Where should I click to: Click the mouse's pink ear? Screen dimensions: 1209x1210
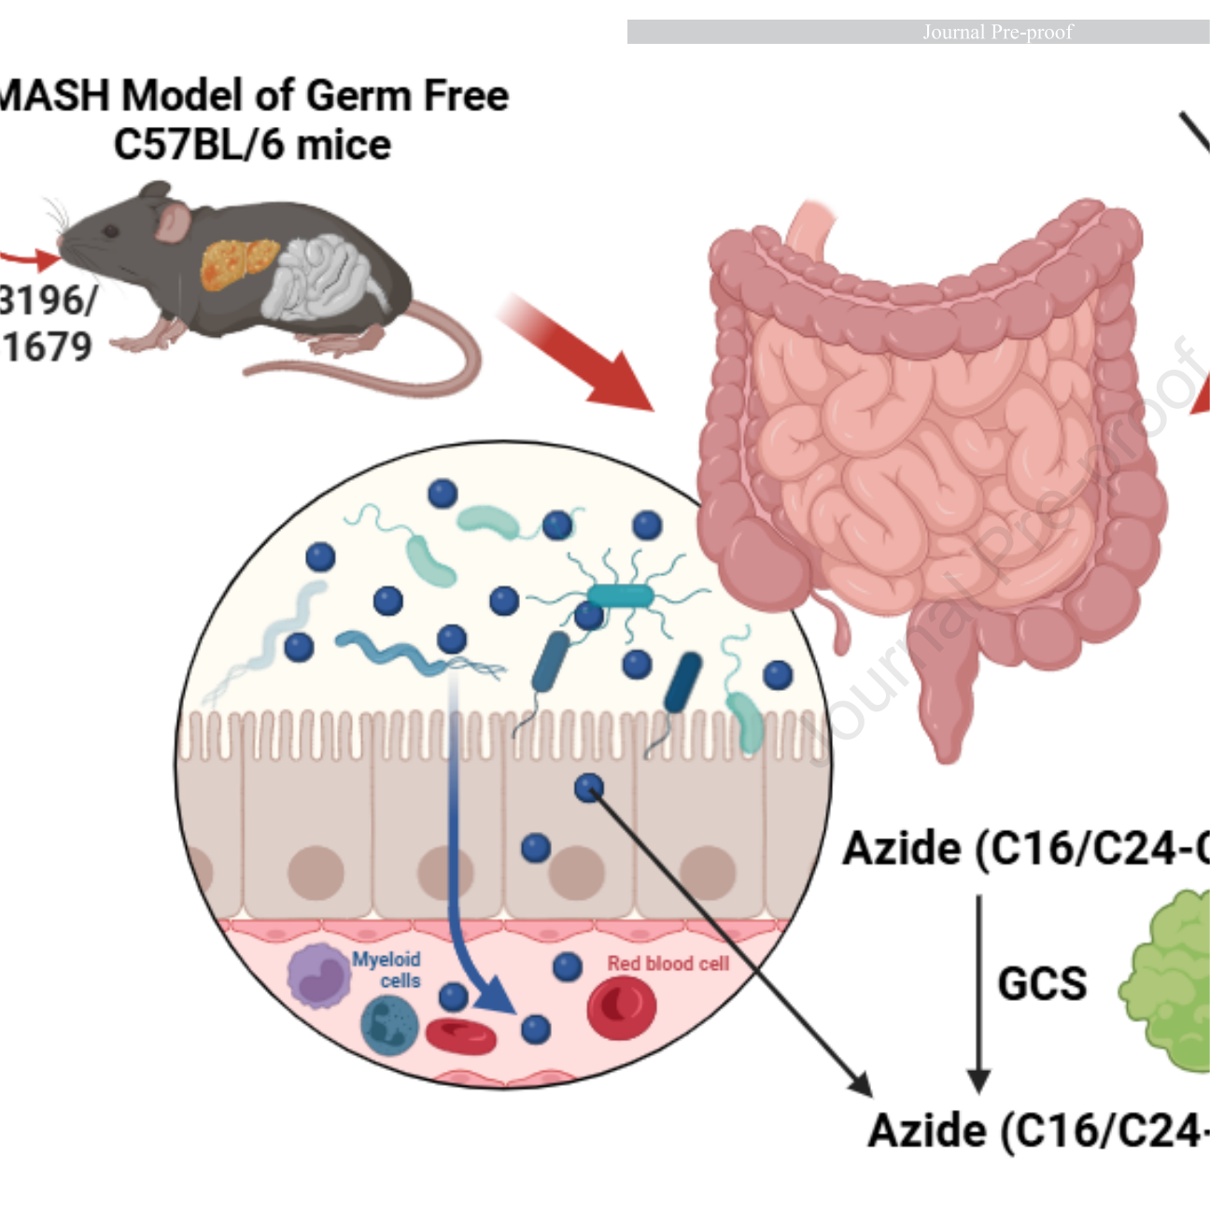[173, 222]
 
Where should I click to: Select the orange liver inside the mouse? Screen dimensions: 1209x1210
[237, 263]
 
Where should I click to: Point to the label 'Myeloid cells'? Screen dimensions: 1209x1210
[387, 970]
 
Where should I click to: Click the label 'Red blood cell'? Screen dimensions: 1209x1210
[668, 963]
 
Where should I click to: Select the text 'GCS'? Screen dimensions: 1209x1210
[1042, 983]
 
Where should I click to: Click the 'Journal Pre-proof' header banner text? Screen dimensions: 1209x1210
[997, 32]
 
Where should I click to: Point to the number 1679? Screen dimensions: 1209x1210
[47, 347]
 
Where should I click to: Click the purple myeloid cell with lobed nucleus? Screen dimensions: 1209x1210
[317, 976]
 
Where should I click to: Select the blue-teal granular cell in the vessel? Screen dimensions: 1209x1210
[389, 1025]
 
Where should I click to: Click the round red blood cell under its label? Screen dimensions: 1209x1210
[621, 1008]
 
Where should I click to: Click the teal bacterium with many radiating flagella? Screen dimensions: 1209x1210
[621, 595]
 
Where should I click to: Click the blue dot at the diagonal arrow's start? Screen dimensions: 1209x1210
[588, 789]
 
